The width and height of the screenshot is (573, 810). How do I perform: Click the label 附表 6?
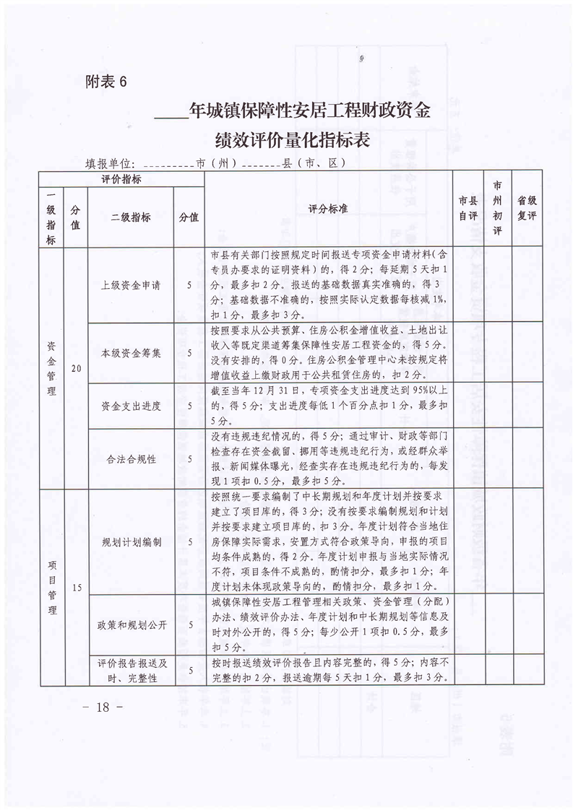[105, 82]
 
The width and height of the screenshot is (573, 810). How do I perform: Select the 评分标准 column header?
[328, 209]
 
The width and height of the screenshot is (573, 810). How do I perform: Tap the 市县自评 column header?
[468, 209]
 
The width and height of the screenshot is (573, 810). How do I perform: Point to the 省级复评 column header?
[526, 209]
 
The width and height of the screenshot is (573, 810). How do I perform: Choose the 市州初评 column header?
[497, 209]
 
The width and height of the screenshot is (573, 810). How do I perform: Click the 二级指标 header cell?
[131, 217]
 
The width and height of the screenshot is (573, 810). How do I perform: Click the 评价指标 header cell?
[121, 179]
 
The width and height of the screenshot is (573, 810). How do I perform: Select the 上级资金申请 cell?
[131, 284]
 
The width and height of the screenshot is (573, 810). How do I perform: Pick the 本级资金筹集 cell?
[131, 353]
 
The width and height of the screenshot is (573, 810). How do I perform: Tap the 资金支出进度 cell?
[131, 406]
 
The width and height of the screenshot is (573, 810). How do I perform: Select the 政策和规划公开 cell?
[131, 624]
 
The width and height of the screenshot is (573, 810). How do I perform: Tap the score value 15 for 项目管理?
[76, 586]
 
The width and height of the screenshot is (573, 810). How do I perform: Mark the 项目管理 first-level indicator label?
[51, 586]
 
